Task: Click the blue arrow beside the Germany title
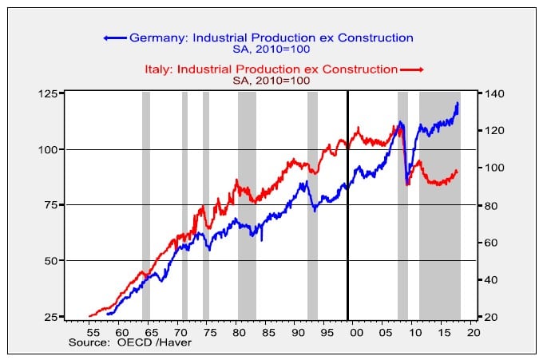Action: point(114,38)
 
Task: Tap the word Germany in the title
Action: point(154,38)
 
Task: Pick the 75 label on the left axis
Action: point(50,205)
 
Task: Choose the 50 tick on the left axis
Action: point(50,261)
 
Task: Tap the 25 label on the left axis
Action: point(50,317)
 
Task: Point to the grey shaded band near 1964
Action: point(146,200)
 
